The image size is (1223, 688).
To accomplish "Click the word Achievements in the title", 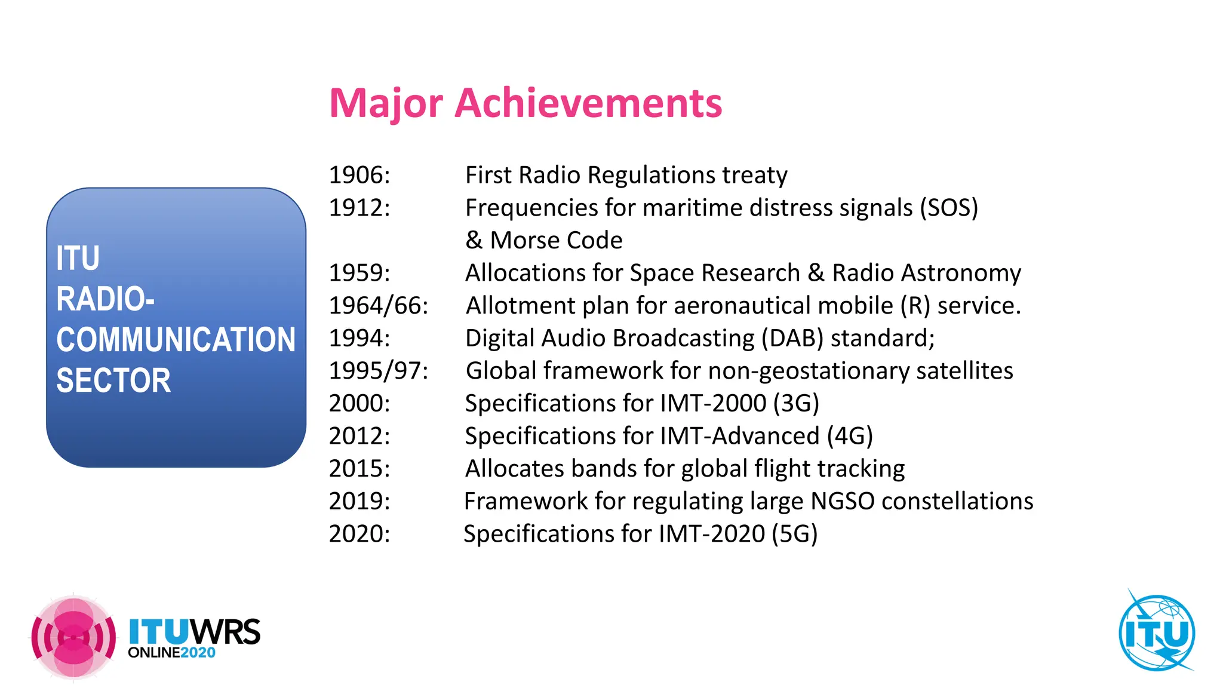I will [588, 103].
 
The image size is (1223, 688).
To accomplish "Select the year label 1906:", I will [359, 175].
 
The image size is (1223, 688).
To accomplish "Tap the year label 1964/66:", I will [379, 306].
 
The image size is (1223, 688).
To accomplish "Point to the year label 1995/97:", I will [379, 371].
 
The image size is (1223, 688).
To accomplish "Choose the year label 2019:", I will [359, 501].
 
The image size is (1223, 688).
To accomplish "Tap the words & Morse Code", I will [543, 240].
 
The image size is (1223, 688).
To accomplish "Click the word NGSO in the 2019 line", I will [842, 501].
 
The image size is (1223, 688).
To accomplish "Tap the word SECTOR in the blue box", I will [113, 380].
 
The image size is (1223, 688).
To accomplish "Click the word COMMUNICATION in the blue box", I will [176, 340].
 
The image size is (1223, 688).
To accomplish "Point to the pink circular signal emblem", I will [73, 637].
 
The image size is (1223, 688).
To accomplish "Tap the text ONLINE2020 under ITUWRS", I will [171, 653].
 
